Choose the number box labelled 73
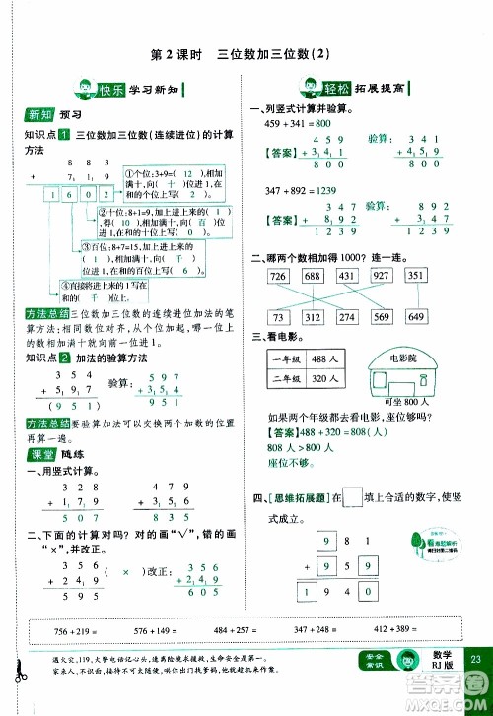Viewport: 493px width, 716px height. click(278, 317)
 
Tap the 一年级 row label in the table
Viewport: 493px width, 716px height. click(283, 363)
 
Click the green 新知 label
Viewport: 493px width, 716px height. click(38, 113)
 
